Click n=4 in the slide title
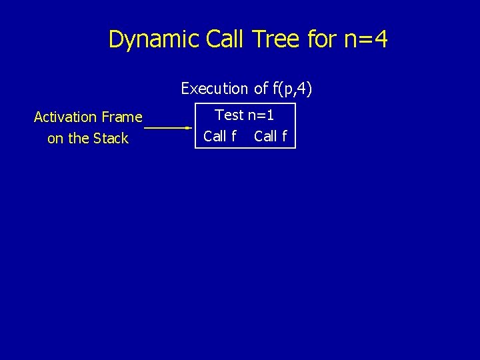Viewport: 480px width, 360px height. (366, 39)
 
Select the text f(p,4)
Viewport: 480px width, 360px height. (292, 88)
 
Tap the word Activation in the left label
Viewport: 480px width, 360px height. (65, 117)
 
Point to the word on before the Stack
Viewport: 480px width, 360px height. (55, 139)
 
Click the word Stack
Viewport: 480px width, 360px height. (110, 139)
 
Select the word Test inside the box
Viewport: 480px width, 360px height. (229, 115)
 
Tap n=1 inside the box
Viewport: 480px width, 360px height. (261, 115)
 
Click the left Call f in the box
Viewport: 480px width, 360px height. (220, 137)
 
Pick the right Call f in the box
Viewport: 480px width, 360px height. (271, 137)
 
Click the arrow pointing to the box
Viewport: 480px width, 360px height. (167, 127)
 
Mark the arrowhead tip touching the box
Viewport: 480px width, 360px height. (191, 127)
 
